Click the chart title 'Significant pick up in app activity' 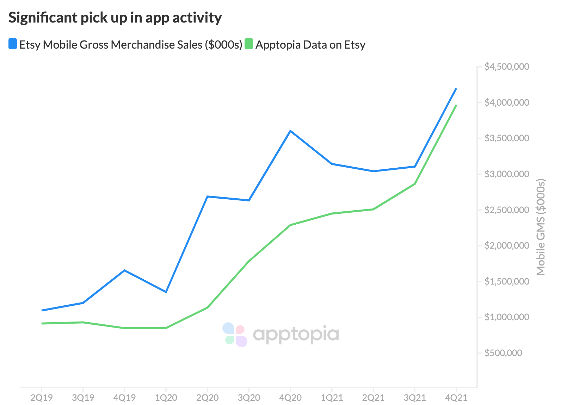pyautogui.click(x=115, y=18)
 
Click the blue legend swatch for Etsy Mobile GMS pyautogui.click(x=13, y=44)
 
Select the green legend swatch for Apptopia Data pyautogui.click(x=249, y=44)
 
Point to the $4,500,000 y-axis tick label pyautogui.click(x=507, y=67)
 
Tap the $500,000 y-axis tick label pyautogui.click(x=503, y=353)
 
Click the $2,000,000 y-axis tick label pyautogui.click(x=507, y=245)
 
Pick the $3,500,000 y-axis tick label pyautogui.click(x=507, y=138)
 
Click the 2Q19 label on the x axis pyautogui.click(x=42, y=398)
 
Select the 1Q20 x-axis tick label pyautogui.click(x=166, y=398)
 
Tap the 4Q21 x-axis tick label pyautogui.click(x=456, y=398)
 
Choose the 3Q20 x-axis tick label pyautogui.click(x=249, y=398)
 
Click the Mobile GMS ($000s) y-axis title pyautogui.click(x=541, y=227)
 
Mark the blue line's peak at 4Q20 pyautogui.click(x=290, y=131)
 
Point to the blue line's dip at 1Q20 pyautogui.click(x=166, y=292)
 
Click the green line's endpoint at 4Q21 pyautogui.click(x=456, y=105)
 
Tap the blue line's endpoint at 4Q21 pyautogui.click(x=456, y=88)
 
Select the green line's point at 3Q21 pyautogui.click(x=415, y=184)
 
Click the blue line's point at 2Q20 pyautogui.click(x=208, y=196)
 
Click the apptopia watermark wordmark pyautogui.click(x=296, y=334)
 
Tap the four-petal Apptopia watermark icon pyautogui.click(x=235, y=335)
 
